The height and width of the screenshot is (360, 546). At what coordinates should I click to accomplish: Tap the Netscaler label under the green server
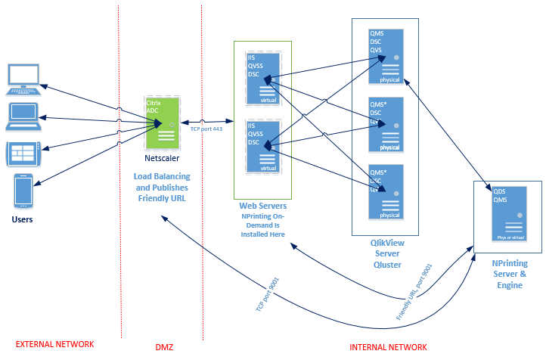[163, 160]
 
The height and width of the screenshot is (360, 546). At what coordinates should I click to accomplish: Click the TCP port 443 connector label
[206, 129]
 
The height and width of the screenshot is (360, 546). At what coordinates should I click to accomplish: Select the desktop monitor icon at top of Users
[23, 79]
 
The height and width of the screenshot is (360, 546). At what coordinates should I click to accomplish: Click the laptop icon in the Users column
[23, 116]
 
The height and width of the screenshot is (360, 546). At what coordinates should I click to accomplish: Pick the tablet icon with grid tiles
[23, 154]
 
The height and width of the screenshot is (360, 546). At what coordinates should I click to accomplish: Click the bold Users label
[23, 220]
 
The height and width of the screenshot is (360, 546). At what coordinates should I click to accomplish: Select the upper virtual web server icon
[263, 79]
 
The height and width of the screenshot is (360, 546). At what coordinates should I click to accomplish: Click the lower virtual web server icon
[263, 147]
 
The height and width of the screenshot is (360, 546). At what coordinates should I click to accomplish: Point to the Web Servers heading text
[262, 206]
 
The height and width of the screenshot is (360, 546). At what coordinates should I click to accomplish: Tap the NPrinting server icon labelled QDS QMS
[508, 213]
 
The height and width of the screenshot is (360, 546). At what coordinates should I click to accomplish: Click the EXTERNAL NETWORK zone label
[55, 344]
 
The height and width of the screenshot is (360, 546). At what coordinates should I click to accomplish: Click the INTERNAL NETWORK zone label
[388, 347]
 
